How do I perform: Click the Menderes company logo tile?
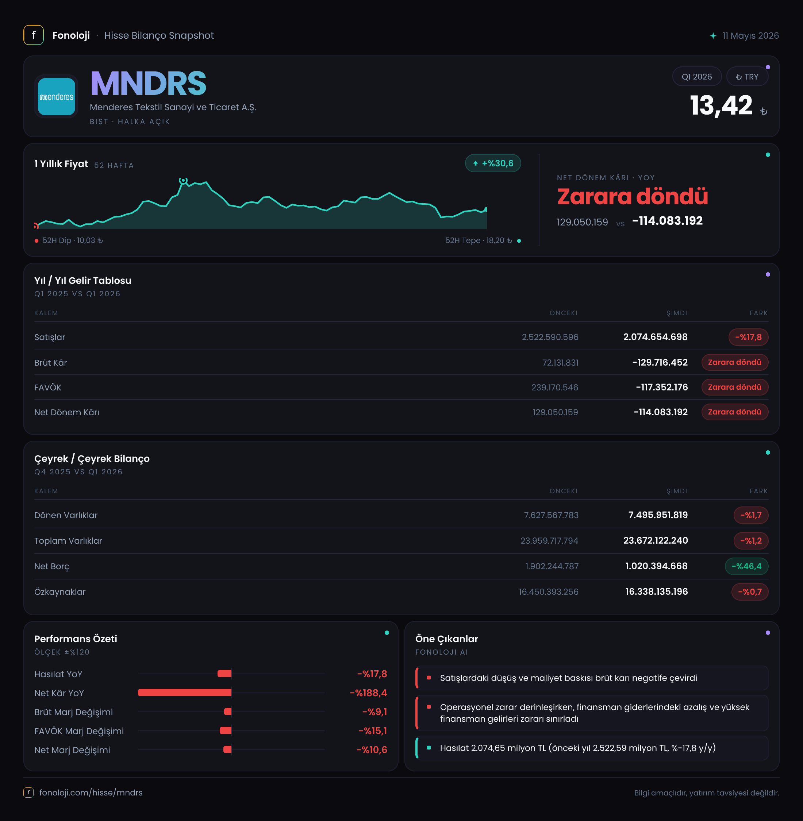pyautogui.click(x=57, y=97)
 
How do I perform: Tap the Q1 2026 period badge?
pyautogui.click(x=697, y=76)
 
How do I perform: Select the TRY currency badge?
pyautogui.click(x=747, y=76)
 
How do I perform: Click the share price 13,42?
pyautogui.click(x=721, y=105)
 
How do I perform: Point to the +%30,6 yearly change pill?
pyautogui.click(x=493, y=163)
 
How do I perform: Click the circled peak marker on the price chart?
pyautogui.click(x=183, y=181)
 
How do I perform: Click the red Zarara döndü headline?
pyautogui.click(x=632, y=197)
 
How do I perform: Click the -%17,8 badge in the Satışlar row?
pyautogui.click(x=748, y=337)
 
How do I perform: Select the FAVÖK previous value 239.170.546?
pyautogui.click(x=554, y=387)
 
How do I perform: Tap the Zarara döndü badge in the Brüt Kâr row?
pyautogui.click(x=735, y=362)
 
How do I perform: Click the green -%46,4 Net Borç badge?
pyautogui.click(x=746, y=566)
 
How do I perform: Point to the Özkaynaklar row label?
pyautogui.click(x=60, y=591)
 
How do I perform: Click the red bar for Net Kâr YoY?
pyautogui.click(x=185, y=693)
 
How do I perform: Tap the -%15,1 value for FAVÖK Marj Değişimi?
pyautogui.click(x=373, y=731)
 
